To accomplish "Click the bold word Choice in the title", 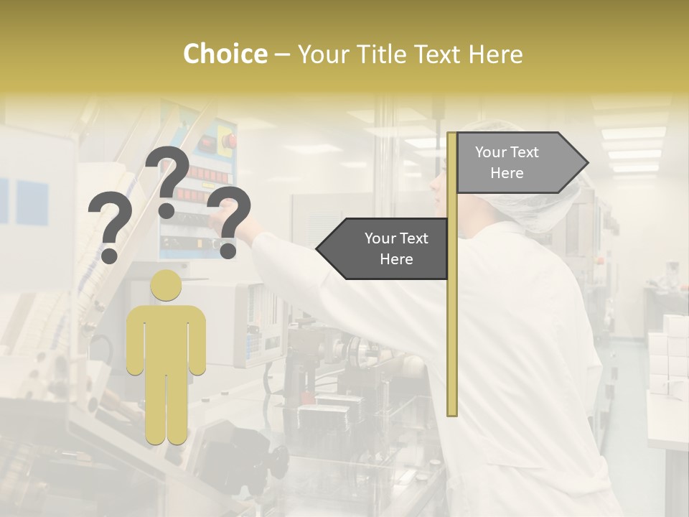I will coord(225,55).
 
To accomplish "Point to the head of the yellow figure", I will coord(166,285).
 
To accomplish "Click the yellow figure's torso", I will coord(166,337).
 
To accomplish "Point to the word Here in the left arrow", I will coord(396,259).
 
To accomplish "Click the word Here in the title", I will coord(495,55).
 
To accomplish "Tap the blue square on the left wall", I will coord(32,201).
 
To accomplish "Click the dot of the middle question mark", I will coord(167,210).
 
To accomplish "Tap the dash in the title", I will coord(282,55).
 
